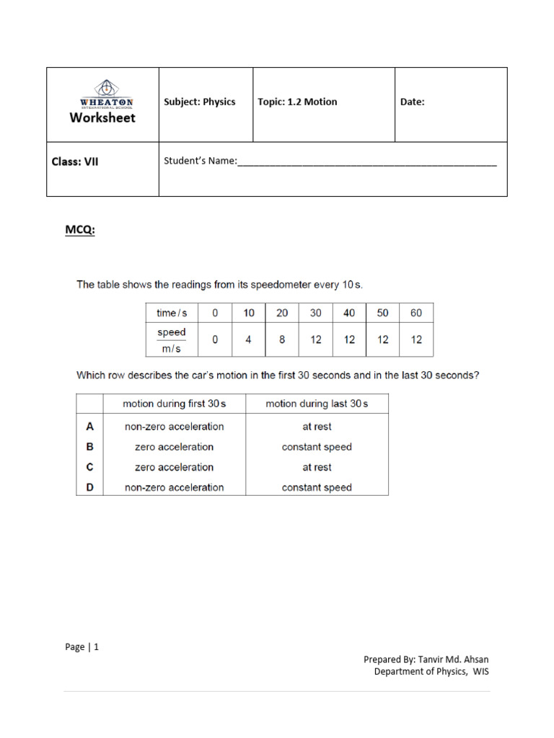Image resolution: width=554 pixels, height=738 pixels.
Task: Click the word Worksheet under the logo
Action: (102, 118)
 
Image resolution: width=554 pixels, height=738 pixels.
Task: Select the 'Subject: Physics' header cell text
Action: (200, 102)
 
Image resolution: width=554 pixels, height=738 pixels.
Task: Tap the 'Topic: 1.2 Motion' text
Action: (297, 102)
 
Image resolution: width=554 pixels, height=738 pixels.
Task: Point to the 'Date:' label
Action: (413, 102)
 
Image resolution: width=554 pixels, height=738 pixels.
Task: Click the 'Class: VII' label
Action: (75, 161)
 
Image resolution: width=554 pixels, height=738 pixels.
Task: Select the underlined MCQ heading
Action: (80, 230)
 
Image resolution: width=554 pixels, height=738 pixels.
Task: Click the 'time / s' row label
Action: (172, 313)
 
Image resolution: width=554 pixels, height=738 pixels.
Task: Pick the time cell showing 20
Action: (282, 313)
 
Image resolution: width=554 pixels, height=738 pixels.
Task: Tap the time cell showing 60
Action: (416, 313)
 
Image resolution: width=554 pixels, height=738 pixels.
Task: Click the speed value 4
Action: (248, 339)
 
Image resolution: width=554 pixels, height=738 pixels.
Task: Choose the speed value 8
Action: (282, 339)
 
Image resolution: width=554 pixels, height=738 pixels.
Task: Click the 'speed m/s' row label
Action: (172, 339)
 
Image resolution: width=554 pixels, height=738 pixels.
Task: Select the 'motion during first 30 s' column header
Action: (174, 404)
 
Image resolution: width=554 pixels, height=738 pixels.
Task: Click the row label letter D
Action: (90, 487)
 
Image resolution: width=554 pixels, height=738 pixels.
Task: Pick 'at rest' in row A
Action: (317, 427)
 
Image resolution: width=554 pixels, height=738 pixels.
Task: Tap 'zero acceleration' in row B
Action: (174, 447)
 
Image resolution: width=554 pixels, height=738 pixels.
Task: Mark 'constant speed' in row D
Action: (317, 487)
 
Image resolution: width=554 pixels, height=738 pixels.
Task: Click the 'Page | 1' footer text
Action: (82, 646)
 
